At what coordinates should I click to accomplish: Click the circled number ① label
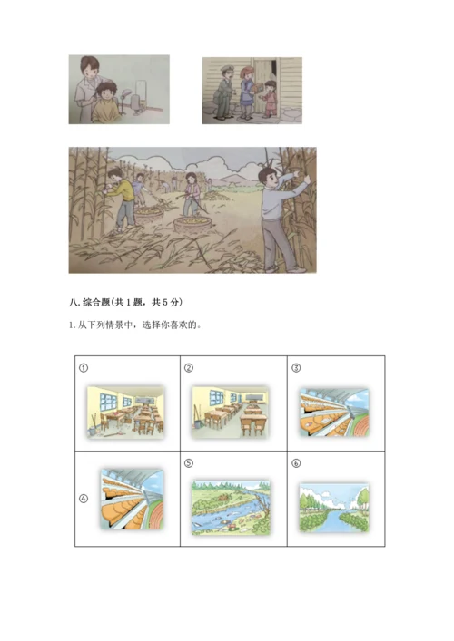(83, 368)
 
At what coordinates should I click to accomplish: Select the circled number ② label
(189, 368)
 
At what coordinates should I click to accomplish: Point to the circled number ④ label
(83, 498)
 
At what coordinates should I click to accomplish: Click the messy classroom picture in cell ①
(125, 413)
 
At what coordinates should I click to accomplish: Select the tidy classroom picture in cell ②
(231, 413)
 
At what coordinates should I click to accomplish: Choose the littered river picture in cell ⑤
(231, 506)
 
